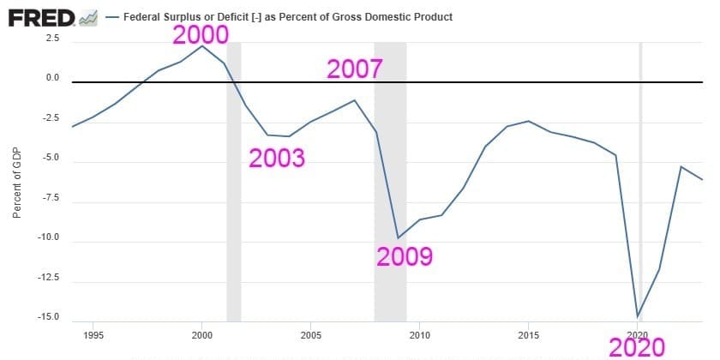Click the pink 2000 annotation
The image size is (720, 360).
click(x=201, y=35)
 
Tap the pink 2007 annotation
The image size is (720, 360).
click(x=354, y=69)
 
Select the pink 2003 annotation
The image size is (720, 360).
click(x=277, y=158)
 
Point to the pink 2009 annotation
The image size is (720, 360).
click(x=405, y=255)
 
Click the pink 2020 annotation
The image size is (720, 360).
click(x=637, y=347)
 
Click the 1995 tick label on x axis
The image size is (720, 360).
click(x=93, y=334)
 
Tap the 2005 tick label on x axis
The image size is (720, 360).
click(x=310, y=334)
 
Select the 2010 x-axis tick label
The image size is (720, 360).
click(x=419, y=334)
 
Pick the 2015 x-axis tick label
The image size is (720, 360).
click(x=528, y=334)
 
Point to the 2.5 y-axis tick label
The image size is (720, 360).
click(x=52, y=39)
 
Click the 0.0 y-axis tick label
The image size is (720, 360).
click(x=52, y=78)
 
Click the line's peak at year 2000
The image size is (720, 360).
click(x=201, y=45)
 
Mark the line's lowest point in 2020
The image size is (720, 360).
click(x=638, y=316)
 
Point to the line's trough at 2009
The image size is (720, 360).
click(x=398, y=237)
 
